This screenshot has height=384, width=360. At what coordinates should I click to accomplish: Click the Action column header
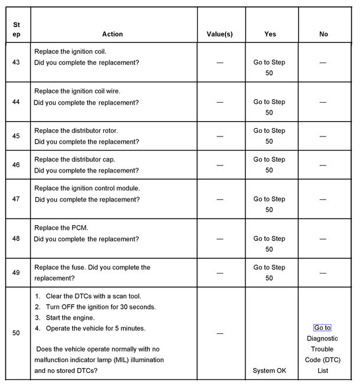112,34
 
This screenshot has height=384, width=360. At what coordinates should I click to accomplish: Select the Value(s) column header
220,34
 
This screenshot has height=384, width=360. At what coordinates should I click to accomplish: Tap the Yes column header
269,34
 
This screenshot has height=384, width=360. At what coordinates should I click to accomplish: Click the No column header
323,34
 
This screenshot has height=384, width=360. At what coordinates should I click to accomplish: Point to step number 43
16,62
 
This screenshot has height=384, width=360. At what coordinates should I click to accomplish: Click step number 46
16,165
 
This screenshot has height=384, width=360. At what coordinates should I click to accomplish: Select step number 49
16,273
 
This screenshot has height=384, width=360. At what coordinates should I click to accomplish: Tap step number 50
16,333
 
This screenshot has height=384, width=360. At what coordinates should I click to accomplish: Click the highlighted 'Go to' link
322,328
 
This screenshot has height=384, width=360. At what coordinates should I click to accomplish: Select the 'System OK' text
269,370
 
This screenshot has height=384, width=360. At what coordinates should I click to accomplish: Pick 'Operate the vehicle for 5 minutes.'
95,328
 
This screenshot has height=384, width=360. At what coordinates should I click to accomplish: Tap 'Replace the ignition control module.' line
87,188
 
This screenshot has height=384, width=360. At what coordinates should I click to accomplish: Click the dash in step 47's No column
323,200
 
